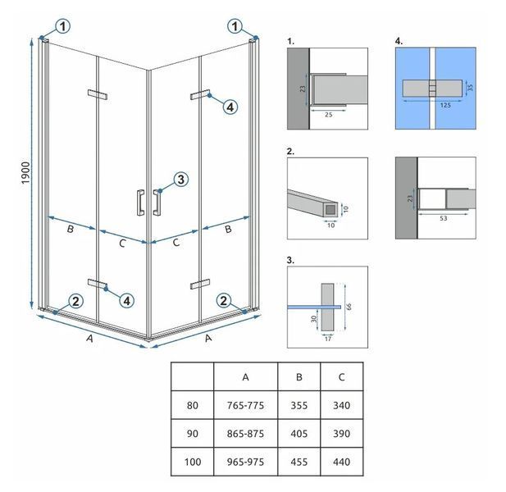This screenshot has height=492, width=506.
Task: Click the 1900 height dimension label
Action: tap(25, 173)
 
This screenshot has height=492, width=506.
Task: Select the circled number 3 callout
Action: tap(180, 180)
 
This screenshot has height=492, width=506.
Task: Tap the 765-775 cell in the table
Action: tap(245, 405)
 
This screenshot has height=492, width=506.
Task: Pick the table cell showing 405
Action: tap(299, 434)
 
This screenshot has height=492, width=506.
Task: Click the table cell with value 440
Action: tap(341, 462)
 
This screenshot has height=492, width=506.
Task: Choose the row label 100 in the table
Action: tap(193, 462)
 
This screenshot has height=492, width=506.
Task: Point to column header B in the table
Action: tap(299, 377)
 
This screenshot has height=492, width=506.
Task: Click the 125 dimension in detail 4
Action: tap(445, 105)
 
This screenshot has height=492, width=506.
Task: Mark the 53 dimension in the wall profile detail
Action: tap(444, 218)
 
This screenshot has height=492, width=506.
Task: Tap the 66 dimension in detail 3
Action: tap(349, 307)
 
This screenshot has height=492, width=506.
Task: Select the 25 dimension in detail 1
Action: tap(329, 115)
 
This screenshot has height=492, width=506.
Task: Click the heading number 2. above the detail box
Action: tap(290, 152)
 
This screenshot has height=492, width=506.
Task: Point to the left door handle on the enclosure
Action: tap(140, 203)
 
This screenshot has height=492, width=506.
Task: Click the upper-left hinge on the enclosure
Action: tap(98, 94)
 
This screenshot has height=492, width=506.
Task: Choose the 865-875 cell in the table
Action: tap(245, 434)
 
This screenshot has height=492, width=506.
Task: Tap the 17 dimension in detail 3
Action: tap(328, 339)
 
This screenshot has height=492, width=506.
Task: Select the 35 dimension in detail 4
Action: tap(470, 88)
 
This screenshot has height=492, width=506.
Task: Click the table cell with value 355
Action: tap(299, 405)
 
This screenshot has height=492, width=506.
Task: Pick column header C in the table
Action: tap(342, 377)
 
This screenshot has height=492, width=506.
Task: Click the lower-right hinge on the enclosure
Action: tap(200, 284)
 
